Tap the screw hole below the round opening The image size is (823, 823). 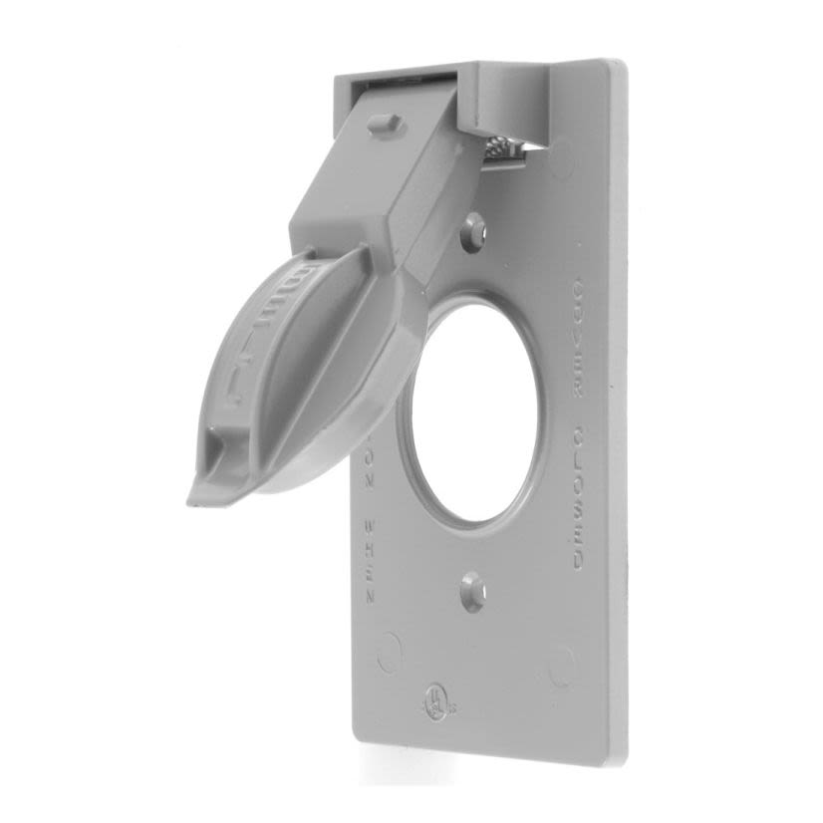click(473, 595)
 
